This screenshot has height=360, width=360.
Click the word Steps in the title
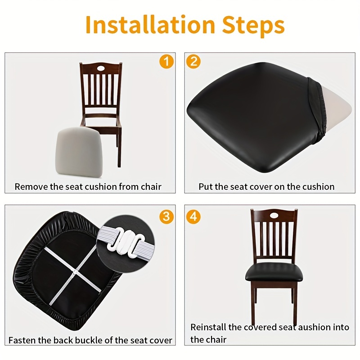tap(252, 25)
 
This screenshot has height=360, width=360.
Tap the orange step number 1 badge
tap(166, 61)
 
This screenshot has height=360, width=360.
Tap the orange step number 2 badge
tap(193, 61)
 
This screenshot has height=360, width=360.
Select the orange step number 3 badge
tap(166, 216)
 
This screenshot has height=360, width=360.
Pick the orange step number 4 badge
tap(193, 216)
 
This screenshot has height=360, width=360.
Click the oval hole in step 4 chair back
tap(274, 212)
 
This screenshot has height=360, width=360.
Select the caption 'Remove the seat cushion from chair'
tap(88, 186)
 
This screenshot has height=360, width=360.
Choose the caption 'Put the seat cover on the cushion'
tap(266, 186)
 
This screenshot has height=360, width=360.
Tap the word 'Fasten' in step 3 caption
tap(23, 340)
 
